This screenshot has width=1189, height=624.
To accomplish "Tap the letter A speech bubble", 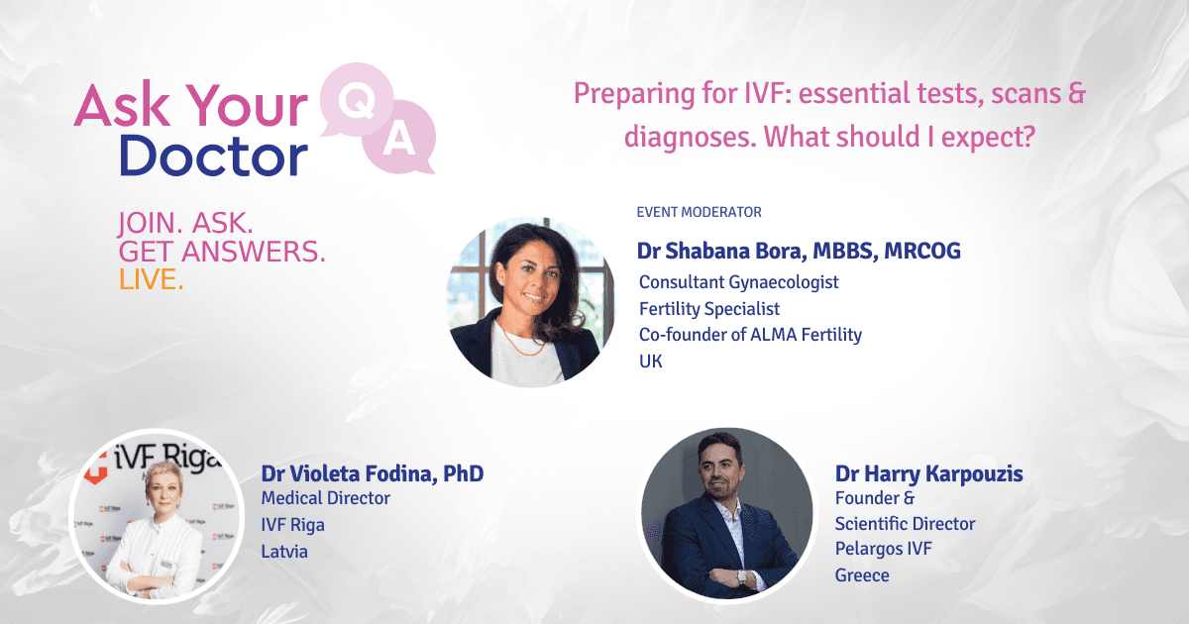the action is pyautogui.click(x=399, y=138).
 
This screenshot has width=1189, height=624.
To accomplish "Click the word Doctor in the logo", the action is pyautogui.click(x=213, y=156).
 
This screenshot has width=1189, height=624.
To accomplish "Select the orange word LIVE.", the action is pyautogui.click(x=152, y=279).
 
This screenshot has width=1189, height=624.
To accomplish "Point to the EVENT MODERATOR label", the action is pyautogui.click(x=700, y=212).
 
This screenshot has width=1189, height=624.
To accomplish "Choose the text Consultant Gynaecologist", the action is pyautogui.click(x=739, y=282).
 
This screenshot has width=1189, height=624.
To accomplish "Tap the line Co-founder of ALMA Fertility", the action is pyautogui.click(x=751, y=335).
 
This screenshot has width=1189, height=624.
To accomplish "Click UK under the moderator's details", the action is pyautogui.click(x=651, y=362).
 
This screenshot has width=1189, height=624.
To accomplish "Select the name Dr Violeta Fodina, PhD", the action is pyautogui.click(x=373, y=473).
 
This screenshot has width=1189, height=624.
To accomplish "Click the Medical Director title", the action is pyautogui.click(x=325, y=498).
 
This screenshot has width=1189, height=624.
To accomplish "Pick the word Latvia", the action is pyautogui.click(x=284, y=552).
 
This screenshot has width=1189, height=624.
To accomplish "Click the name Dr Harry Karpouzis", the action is pyautogui.click(x=929, y=473).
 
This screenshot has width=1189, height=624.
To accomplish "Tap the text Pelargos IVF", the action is pyautogui.click(x=883, y=549).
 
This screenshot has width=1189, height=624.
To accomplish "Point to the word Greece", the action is pyautogui.click(x=862, y=575).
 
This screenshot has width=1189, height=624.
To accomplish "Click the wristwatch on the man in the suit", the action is pyautogui.click(x=741, y=576).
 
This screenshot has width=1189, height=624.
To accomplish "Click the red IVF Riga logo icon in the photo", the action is pyautogui.click(x=96, y=468).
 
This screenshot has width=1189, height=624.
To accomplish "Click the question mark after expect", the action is pyautogui.click(x=1028, y=136).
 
